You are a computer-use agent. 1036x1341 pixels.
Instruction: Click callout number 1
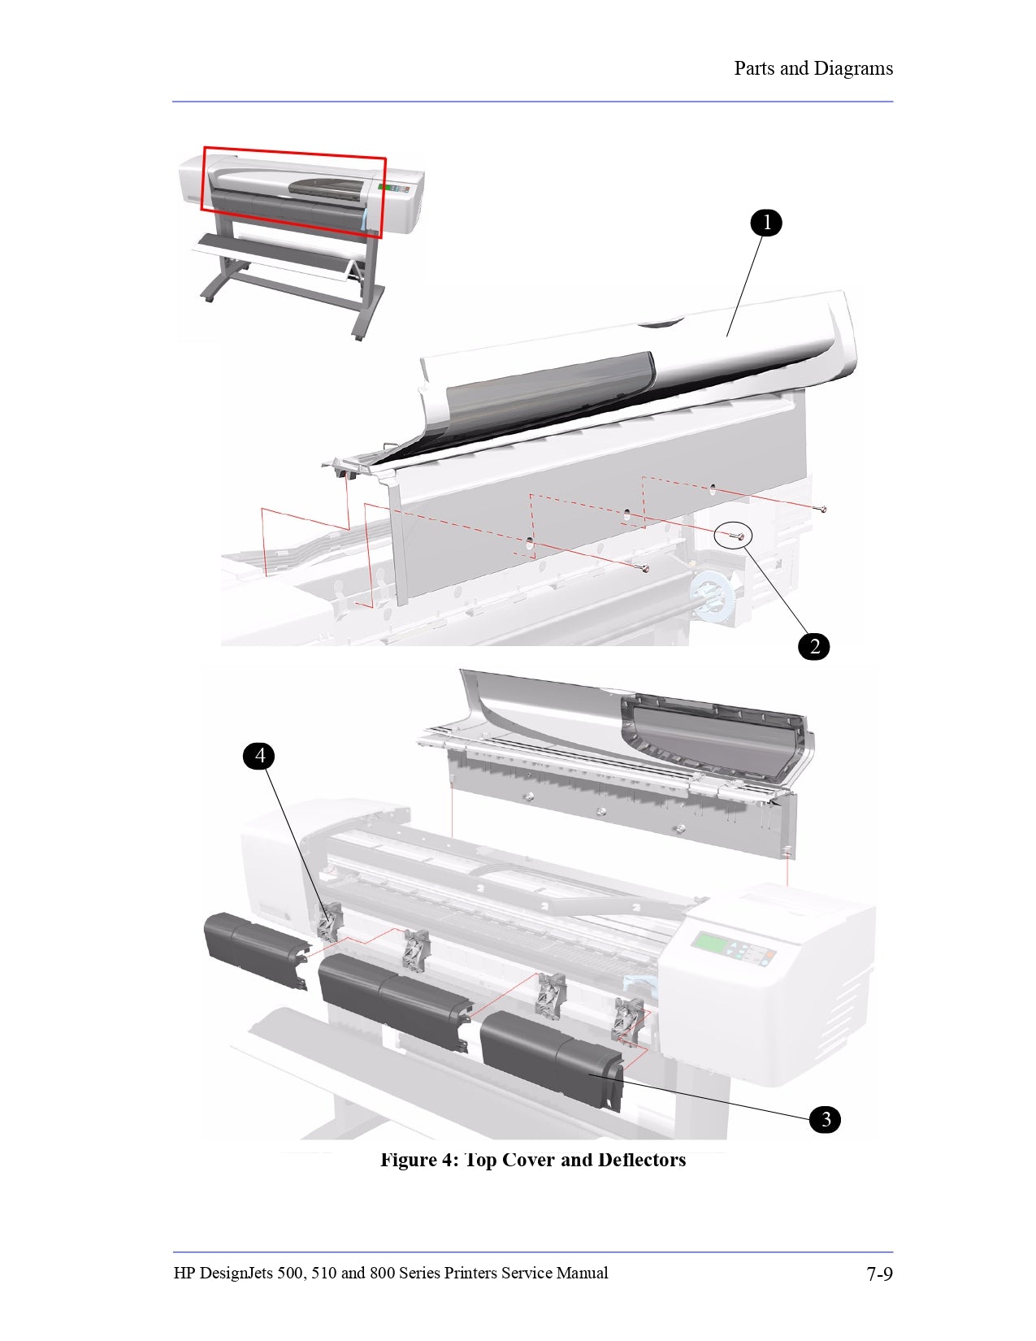[x=765, y=223]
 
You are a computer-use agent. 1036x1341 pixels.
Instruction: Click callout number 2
[x=814, y=647]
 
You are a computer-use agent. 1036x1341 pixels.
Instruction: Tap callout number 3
[x=825, y=1119]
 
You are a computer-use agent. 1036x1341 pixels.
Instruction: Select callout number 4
[x=260, y=756]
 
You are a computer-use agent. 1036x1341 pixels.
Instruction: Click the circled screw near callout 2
[x=735, y=536]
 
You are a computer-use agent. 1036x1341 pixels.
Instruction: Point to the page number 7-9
[x=878, y=1274]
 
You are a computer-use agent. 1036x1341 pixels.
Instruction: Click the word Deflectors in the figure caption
[x=641, y=1160]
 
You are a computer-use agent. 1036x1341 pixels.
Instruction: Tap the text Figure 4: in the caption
[x=419, y=1160]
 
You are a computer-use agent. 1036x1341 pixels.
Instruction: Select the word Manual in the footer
[x=582, y=1274]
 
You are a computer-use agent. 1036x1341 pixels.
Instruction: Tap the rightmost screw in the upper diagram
[x=823, y=510]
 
